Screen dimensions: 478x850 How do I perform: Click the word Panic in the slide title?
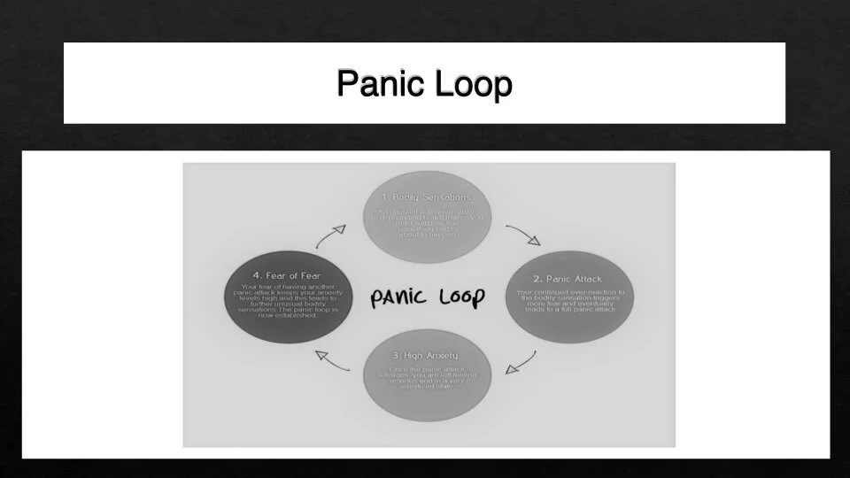point(381,85)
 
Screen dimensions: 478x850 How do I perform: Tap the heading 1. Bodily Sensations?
point(427,197)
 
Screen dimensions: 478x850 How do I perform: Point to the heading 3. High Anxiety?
point(427,355)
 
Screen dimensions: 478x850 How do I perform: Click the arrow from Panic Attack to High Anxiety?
point(522,362)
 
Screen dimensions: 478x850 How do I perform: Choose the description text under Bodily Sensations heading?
point(427,223)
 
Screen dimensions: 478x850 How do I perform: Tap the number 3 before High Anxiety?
point(393,355)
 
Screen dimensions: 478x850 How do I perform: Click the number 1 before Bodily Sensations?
point(385,197)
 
